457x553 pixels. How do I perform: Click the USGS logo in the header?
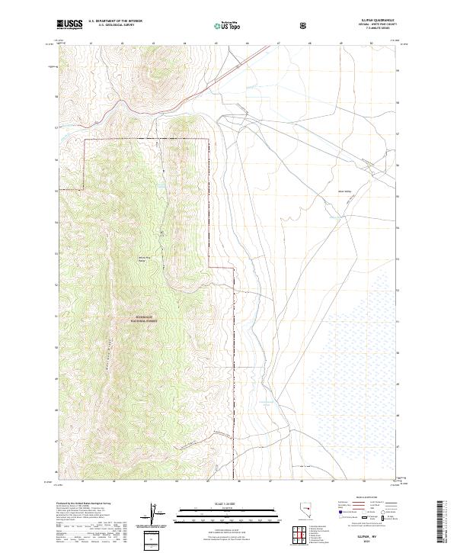coord(70,25)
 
